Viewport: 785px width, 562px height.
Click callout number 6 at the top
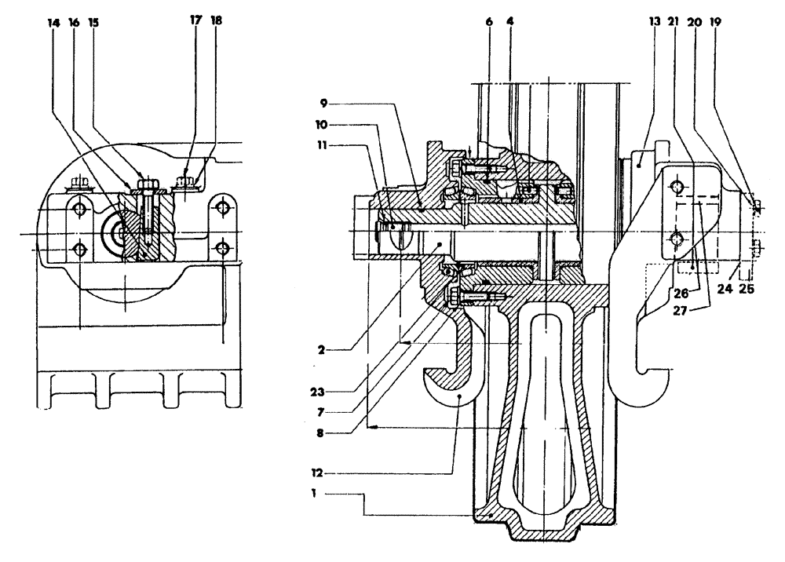click(x=488, y=25)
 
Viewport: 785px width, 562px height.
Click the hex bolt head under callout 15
click(x=145, y=187)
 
